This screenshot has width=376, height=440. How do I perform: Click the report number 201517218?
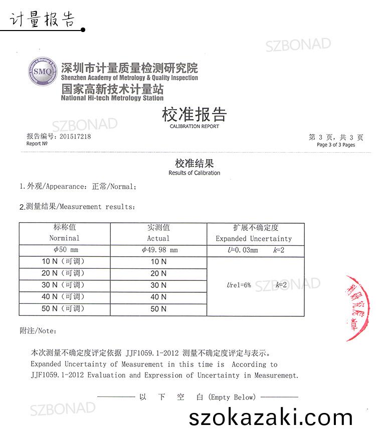coord(75,136)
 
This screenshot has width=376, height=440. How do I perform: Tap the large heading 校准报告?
coord(194,115)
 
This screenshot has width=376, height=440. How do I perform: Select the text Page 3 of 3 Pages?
coord(335,145)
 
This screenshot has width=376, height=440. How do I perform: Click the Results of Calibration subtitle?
coord(194,173)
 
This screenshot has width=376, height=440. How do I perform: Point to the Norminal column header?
coord(64,238)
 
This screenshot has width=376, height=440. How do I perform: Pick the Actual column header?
coord(158,238)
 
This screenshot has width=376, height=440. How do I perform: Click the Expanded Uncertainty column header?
coord(253,238)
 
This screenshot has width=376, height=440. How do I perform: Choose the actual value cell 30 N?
coord(158,285)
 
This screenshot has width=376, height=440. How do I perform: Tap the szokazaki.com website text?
coord(271,417)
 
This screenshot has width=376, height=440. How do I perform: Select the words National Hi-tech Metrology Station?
coord(112,99)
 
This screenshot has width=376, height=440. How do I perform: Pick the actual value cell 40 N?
coord(158,297)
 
